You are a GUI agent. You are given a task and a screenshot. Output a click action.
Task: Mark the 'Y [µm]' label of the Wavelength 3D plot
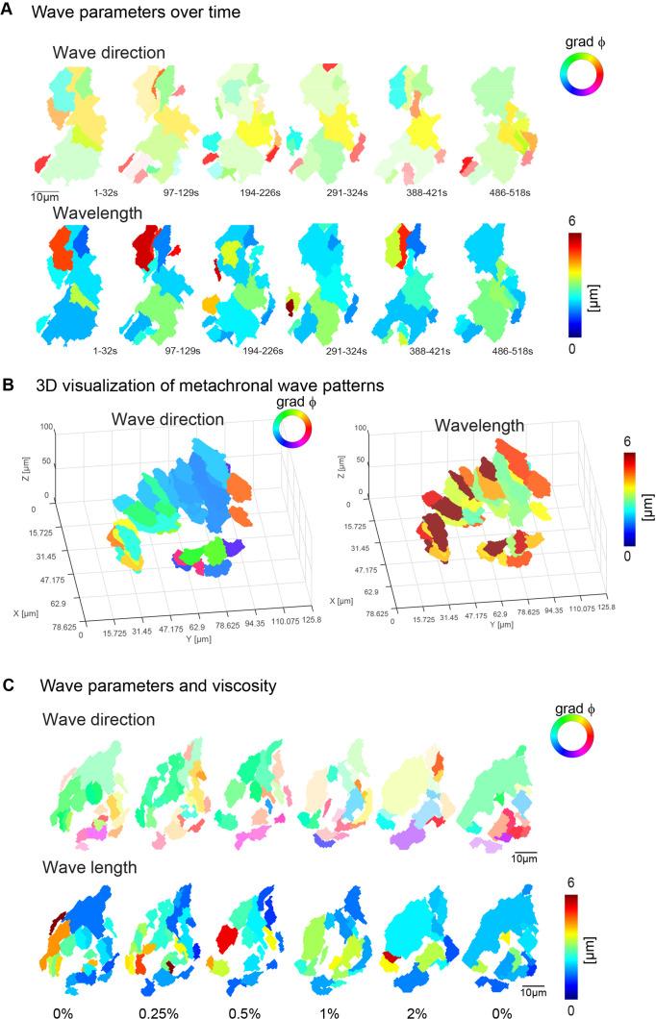coord(502,646)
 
